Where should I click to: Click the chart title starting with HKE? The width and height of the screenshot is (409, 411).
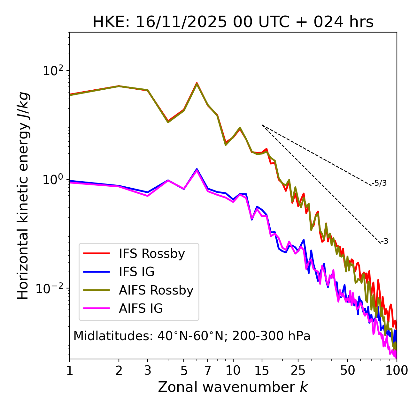point(233,22)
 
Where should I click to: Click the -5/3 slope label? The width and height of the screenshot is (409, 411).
point(379,183)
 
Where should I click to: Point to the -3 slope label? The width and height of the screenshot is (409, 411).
point(384,241)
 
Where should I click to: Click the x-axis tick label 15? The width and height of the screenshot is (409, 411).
point(262,370)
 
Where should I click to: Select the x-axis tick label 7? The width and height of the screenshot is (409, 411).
point(208,370)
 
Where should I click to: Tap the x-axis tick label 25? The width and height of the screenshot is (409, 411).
point(298,370)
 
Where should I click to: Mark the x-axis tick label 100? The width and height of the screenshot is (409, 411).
point(397,370)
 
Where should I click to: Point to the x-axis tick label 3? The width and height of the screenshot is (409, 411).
point(148,370)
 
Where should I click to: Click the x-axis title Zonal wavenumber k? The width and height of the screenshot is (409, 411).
point(233,387)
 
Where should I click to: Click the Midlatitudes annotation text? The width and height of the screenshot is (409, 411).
point(192,336)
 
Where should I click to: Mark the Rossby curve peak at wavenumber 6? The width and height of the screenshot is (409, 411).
point(197,83)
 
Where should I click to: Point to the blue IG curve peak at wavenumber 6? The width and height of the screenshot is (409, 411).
point(197,169)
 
